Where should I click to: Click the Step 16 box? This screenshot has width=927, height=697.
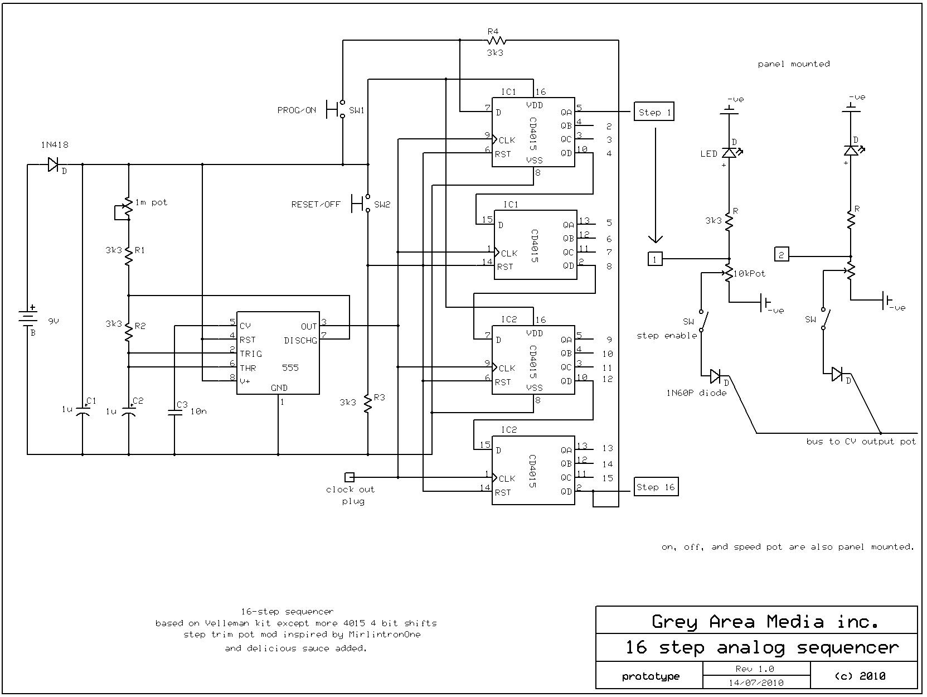[x=656, y=487]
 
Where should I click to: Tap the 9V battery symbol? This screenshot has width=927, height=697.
[x=28, y=317]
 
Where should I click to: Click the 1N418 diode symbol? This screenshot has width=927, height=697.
[x=54, y=164]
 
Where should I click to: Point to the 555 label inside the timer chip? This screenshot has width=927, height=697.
[x=290, y=367]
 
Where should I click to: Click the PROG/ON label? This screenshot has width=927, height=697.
[x=297, y=110]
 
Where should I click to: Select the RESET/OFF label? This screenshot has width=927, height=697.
[x=316, y=205]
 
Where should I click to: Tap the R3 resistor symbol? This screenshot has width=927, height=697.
[x=368, y=403]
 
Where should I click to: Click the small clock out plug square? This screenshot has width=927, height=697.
[x=350, y=477]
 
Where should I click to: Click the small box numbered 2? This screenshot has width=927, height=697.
[x=782, y=255]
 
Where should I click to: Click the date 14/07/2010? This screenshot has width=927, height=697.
[x=756, y=683]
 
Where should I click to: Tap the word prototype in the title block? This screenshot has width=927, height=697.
[x=651, y=676]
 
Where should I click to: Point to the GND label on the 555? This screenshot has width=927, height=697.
[x=279, y=388]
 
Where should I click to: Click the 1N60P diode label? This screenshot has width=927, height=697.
[x=696, y=393]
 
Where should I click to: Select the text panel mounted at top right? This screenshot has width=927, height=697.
[x=793, y=64]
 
